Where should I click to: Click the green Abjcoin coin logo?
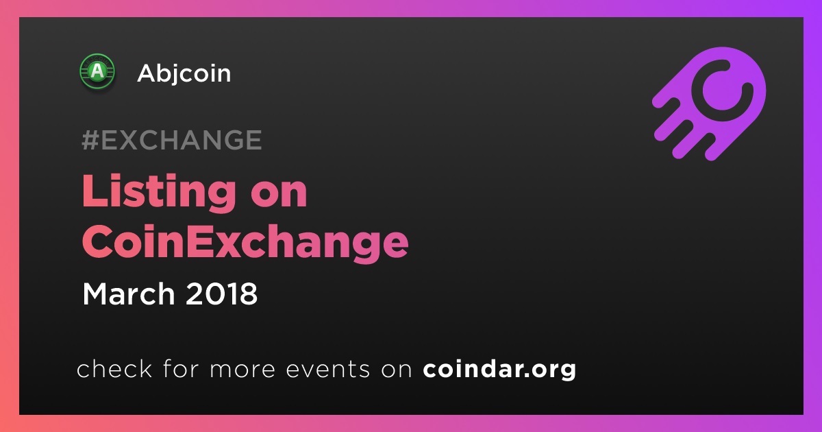pos(97,71)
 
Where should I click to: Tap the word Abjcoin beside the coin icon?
pos(184,73)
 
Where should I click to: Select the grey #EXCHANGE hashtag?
pos(172,140)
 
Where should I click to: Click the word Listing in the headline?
pos(159,193)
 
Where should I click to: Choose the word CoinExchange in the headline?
pos(245,242)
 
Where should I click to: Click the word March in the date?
pos(129,293)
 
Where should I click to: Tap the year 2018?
pos(222,293)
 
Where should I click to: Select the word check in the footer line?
pos(114,369)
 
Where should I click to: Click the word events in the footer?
pos(328,369)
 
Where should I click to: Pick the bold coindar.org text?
pos(499,370)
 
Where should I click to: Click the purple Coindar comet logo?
pos(709,104)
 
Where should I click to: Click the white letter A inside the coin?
pos(97,71)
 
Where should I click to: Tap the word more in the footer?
pos(242,370)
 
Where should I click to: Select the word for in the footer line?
pos(181,369)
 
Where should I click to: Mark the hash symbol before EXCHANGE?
pos(90,140)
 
